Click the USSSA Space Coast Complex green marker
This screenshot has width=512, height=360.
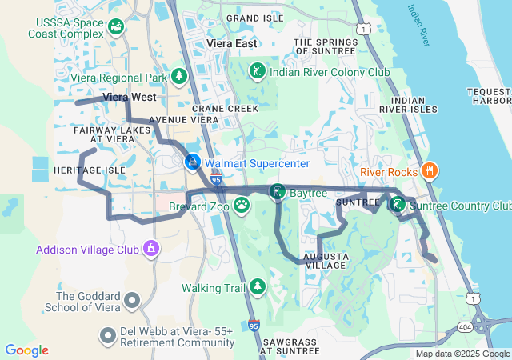pyautogui.click(x=117, y=27)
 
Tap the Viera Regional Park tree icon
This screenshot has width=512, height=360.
pyautogui.click(x=180, y=77)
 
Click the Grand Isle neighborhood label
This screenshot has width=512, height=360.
pyautogui.click(x=255, y=18)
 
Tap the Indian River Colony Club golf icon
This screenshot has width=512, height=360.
pyautogui.click(x=256, y=71)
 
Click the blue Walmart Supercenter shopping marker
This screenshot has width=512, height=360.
pyautogui.click(x=193, y=162)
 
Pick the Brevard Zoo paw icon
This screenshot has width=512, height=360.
pyautogui.click(x=241, y=206)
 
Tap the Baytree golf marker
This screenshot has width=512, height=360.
pyautogui.click(x=277, y=192)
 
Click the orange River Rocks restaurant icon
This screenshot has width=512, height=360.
pyautogui.click(x=429, y=170)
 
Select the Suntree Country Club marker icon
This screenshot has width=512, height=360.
pyautogui.click(x=397, y=204)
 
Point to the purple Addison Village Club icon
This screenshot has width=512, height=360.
pyautogui.click(x=150, y=249)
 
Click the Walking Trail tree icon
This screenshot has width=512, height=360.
pyautogui.click(x=257, y=286)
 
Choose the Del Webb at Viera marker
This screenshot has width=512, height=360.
pyautogui.click(x=107, y=334)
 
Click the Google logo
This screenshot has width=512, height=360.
pyautogui.click(x=26, y=350)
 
